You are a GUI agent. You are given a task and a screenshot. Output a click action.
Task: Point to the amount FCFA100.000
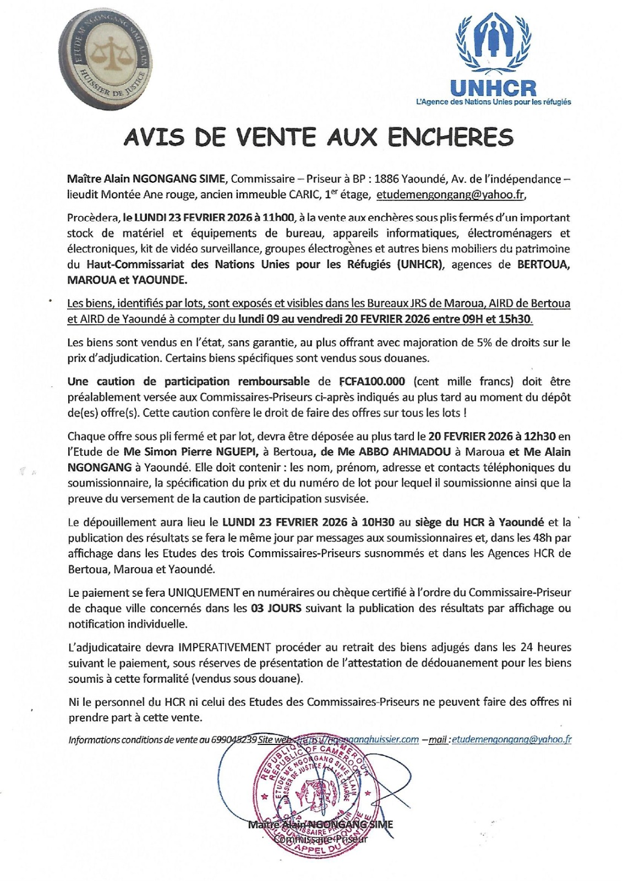369,382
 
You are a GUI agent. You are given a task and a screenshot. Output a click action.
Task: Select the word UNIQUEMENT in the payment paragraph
204,593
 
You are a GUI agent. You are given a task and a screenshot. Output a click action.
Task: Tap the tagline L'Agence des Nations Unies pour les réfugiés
494,102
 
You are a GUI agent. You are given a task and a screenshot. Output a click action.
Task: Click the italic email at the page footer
511,739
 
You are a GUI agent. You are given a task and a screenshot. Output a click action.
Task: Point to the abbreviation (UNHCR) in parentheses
419,264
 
